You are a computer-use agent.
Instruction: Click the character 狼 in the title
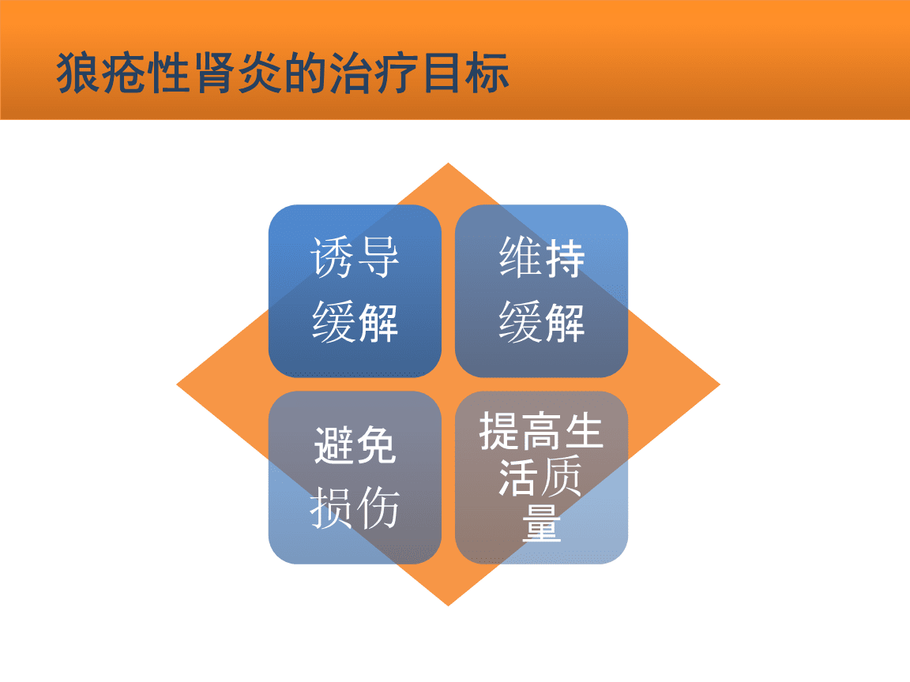click(79, 73)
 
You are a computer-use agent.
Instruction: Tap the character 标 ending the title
click(487, 73)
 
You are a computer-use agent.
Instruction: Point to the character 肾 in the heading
click(215, 73)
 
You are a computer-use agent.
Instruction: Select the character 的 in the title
click(306, 73)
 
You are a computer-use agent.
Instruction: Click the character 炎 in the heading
click(261, 73)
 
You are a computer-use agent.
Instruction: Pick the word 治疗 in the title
click(374, 73)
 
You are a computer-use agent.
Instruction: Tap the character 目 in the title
click(442, 73)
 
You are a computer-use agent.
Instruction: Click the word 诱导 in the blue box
click(355, 257)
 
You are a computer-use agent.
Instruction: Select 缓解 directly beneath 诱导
click(355, 322)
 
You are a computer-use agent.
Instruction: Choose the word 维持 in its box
click(541, 257)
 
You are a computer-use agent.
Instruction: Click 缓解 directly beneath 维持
click(541, 322)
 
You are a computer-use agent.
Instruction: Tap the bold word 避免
click(355, 445)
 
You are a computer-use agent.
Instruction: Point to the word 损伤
click(355, 508)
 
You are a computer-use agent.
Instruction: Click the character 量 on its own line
click(541, 523)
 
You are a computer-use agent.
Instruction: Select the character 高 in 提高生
click(541, 431)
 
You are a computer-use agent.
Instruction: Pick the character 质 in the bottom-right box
click(561, 476)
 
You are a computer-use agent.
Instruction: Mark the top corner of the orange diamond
click(448, 163)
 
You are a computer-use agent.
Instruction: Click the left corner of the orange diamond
click(177, 384)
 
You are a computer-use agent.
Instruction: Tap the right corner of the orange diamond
click(720, 384)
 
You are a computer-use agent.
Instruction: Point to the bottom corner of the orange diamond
click(448, 606)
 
